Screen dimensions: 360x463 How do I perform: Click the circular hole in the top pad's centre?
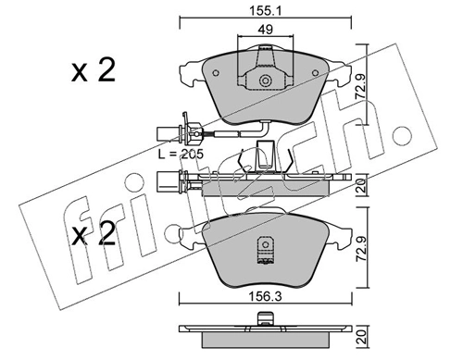[x=265, y=81]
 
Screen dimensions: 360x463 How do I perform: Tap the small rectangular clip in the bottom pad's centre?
[x=266, y=249]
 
